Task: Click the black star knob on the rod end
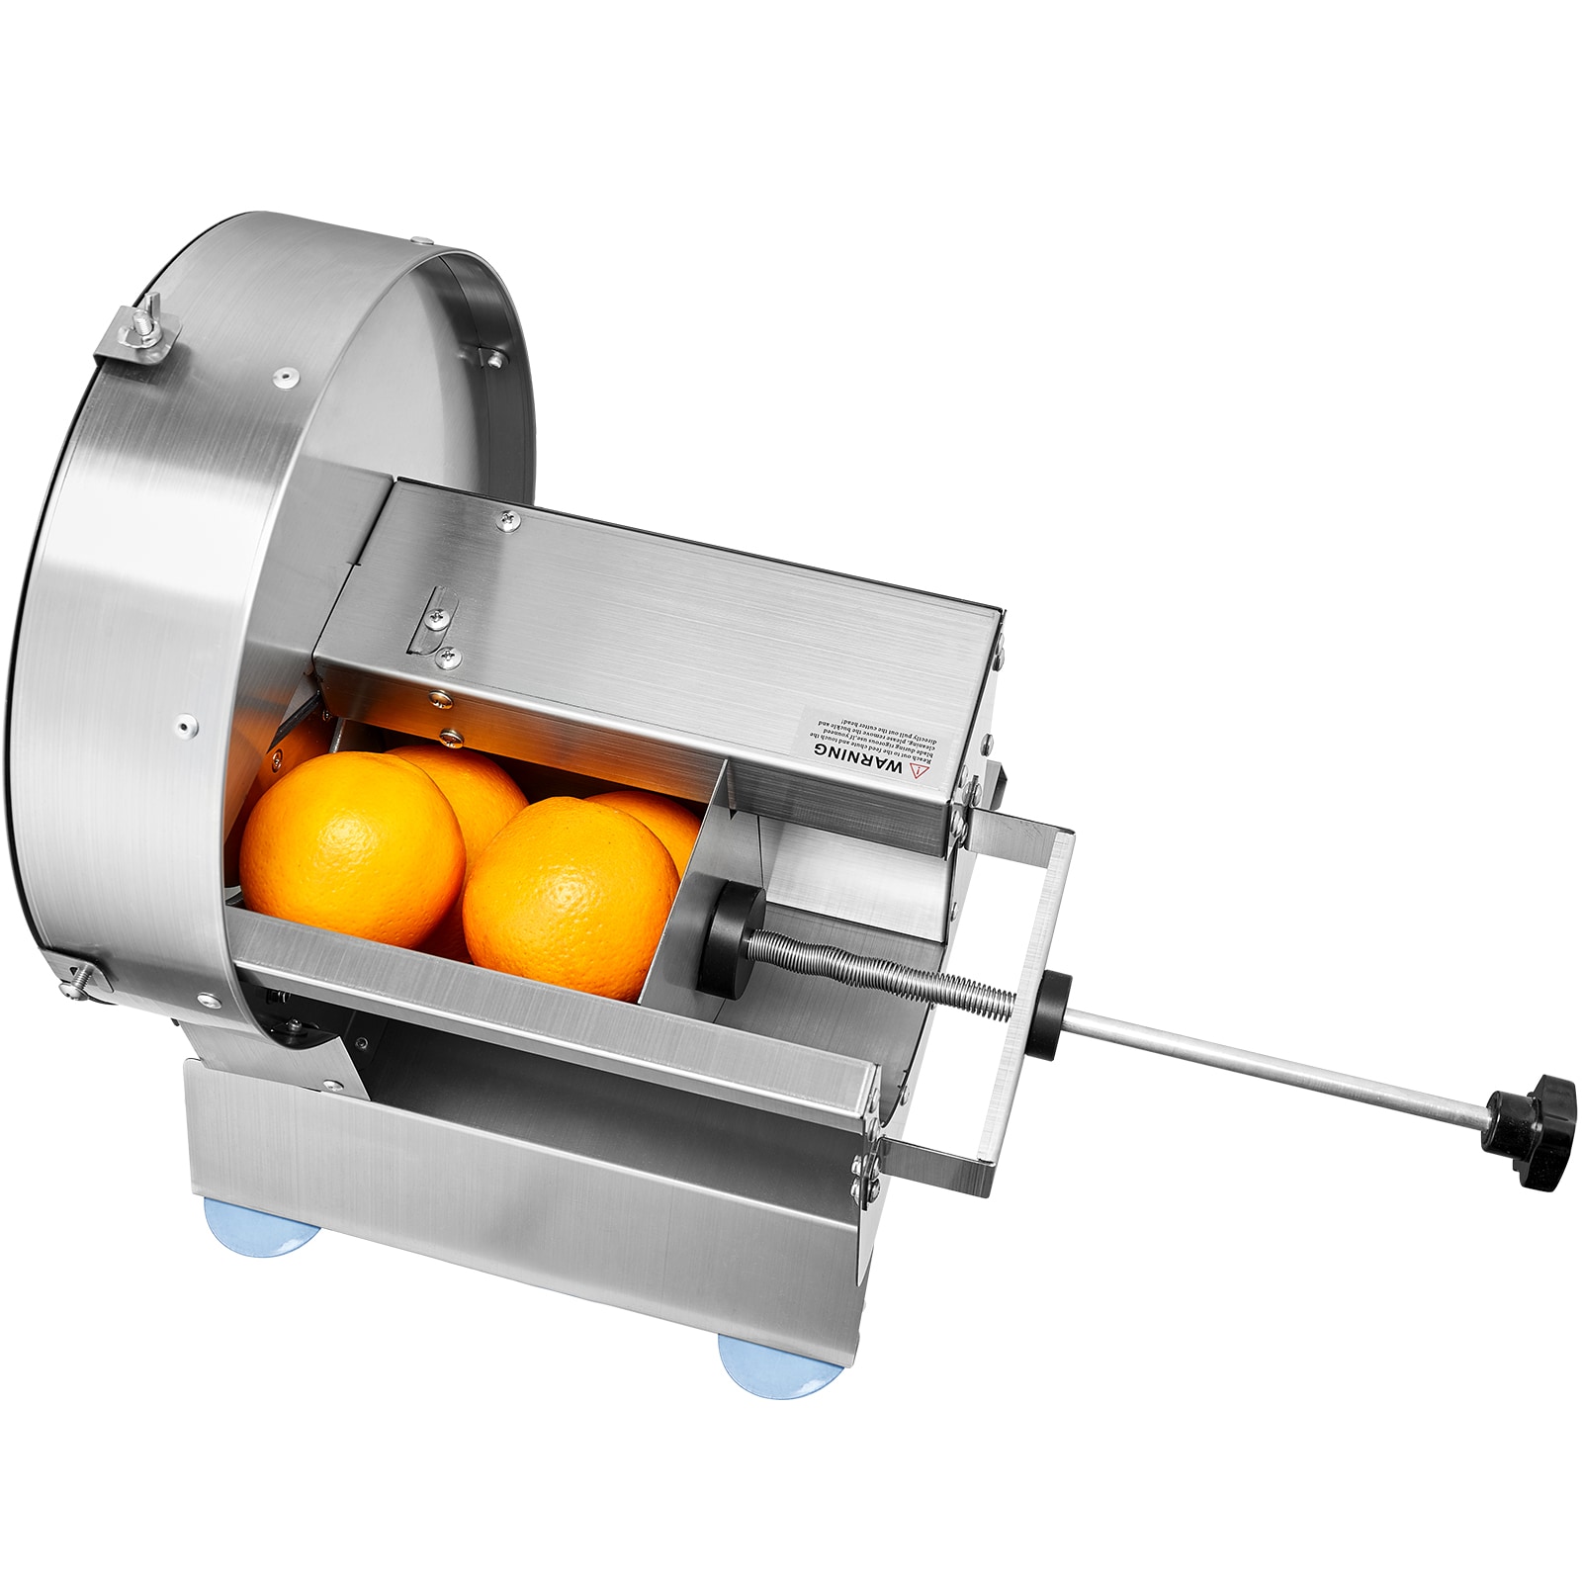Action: pos(1530,1113)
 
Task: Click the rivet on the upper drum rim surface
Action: pos(287,375)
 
